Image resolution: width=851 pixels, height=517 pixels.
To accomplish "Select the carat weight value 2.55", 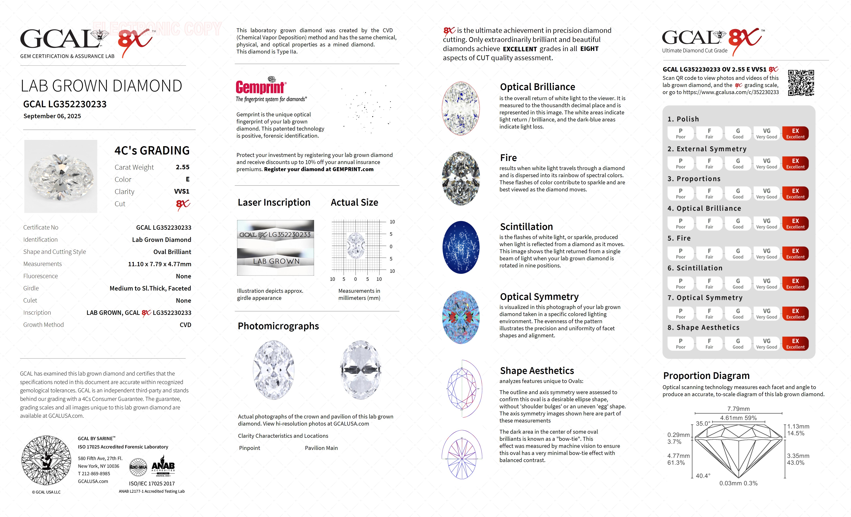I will tap(182, 167).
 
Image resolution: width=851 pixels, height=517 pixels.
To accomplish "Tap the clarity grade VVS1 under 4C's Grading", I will tap(182, 191).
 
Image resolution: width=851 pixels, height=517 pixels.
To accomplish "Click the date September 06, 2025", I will tap(52, 116).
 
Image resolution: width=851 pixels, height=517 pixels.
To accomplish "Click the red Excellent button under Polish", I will tap(795, 133).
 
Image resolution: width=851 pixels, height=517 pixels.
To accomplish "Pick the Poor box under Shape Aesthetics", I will tap(680, 343).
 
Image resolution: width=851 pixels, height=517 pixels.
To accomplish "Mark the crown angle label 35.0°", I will tap(703, 423).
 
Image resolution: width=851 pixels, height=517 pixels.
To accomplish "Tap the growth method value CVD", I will tap(185, 325).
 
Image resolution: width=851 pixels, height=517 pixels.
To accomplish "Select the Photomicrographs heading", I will tap(278, 326).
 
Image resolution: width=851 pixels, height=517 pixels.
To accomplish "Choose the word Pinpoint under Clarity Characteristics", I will tap(249, 448).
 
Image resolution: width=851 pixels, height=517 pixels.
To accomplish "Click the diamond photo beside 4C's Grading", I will tap(61, 176).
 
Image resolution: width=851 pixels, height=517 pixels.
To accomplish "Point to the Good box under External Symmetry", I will tap(738, 163).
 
